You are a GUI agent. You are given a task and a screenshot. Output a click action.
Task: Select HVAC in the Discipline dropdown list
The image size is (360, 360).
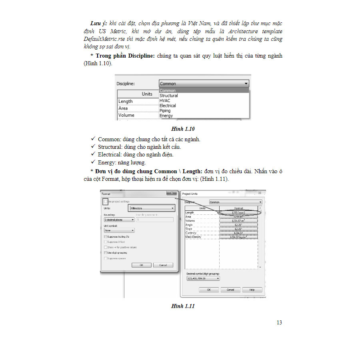(165, 101)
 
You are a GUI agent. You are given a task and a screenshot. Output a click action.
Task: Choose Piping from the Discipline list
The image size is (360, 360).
(165, 111)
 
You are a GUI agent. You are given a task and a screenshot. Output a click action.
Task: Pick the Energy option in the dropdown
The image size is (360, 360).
(166, 116)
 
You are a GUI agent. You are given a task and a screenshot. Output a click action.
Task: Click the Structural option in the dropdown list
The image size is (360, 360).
(169, 96)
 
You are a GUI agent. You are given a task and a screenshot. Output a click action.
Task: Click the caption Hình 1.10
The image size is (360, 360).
(182, 129)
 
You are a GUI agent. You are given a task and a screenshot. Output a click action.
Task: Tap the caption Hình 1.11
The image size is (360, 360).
(182, 306)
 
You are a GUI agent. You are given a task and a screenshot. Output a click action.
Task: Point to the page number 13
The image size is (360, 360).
(279, 322)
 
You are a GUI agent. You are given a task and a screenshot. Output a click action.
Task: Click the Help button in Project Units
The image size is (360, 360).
(252, 290)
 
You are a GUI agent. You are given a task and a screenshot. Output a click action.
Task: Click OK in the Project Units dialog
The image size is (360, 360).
(209, 290)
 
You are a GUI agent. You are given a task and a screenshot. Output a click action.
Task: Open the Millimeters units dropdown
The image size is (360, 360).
(152, 208)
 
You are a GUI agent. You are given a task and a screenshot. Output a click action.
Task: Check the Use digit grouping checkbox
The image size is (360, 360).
(105, 253)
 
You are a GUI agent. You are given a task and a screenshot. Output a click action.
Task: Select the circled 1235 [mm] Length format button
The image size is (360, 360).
(238, 213)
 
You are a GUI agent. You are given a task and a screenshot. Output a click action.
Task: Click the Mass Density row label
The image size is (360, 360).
(194, 237)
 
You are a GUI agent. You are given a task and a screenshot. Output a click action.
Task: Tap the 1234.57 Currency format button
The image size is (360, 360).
(238, 233)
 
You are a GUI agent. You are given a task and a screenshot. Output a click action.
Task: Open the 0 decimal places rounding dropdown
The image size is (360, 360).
(119, 220)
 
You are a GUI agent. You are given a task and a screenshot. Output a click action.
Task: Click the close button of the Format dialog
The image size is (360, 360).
(172, 193)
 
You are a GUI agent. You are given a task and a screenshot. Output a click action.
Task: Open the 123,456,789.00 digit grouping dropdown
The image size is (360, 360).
(203, 278)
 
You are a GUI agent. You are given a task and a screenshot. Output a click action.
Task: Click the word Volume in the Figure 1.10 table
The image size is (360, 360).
(126, 115)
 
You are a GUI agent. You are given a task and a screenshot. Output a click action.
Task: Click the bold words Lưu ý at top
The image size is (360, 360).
(98, 24)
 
